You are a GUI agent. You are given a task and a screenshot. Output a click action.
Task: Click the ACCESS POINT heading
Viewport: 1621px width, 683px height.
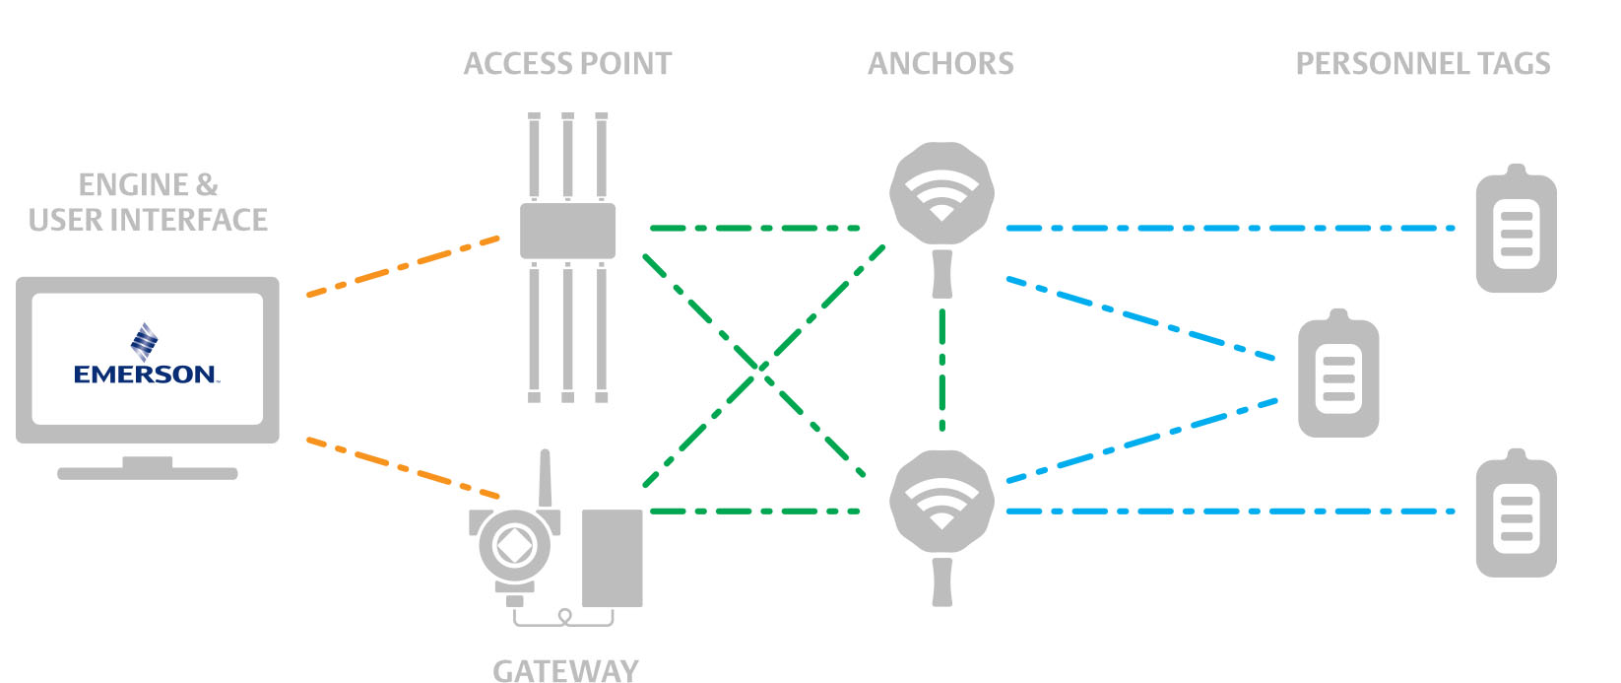pos(567,64)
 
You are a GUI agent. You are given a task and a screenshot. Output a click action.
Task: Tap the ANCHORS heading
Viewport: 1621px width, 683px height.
pos(940,64)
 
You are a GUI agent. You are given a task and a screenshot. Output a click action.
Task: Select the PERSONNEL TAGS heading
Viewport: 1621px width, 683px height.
pos(1422,64)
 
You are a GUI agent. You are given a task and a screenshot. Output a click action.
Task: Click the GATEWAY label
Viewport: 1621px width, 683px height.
pos(565,670)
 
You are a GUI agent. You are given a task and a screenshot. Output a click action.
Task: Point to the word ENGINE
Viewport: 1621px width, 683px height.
pos(133,184)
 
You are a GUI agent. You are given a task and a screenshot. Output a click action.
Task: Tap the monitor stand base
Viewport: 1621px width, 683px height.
pos(148,473)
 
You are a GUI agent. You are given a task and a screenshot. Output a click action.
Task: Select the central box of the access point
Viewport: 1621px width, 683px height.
pos(567,231)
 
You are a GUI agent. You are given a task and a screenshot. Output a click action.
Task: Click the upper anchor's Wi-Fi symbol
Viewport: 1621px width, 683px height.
pos(941,194)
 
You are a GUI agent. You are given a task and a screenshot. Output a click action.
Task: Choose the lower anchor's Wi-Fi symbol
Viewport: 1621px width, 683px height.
pos(941,502)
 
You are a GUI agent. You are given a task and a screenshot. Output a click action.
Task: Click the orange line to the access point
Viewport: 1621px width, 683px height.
pos(404,265)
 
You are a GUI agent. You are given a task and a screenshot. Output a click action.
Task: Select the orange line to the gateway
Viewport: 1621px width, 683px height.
pos(404,466)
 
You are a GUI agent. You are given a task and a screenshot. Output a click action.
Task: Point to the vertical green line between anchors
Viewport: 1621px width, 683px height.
pos(942,370)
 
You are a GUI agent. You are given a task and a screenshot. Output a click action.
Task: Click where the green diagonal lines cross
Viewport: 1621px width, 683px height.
pos(760,367)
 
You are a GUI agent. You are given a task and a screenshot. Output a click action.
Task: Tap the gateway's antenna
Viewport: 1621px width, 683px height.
pos(545,480)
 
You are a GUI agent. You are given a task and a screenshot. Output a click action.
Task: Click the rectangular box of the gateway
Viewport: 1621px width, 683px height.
pos(612,558)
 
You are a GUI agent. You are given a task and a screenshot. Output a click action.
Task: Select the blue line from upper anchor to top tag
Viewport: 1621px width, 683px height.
pos(1231,228)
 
